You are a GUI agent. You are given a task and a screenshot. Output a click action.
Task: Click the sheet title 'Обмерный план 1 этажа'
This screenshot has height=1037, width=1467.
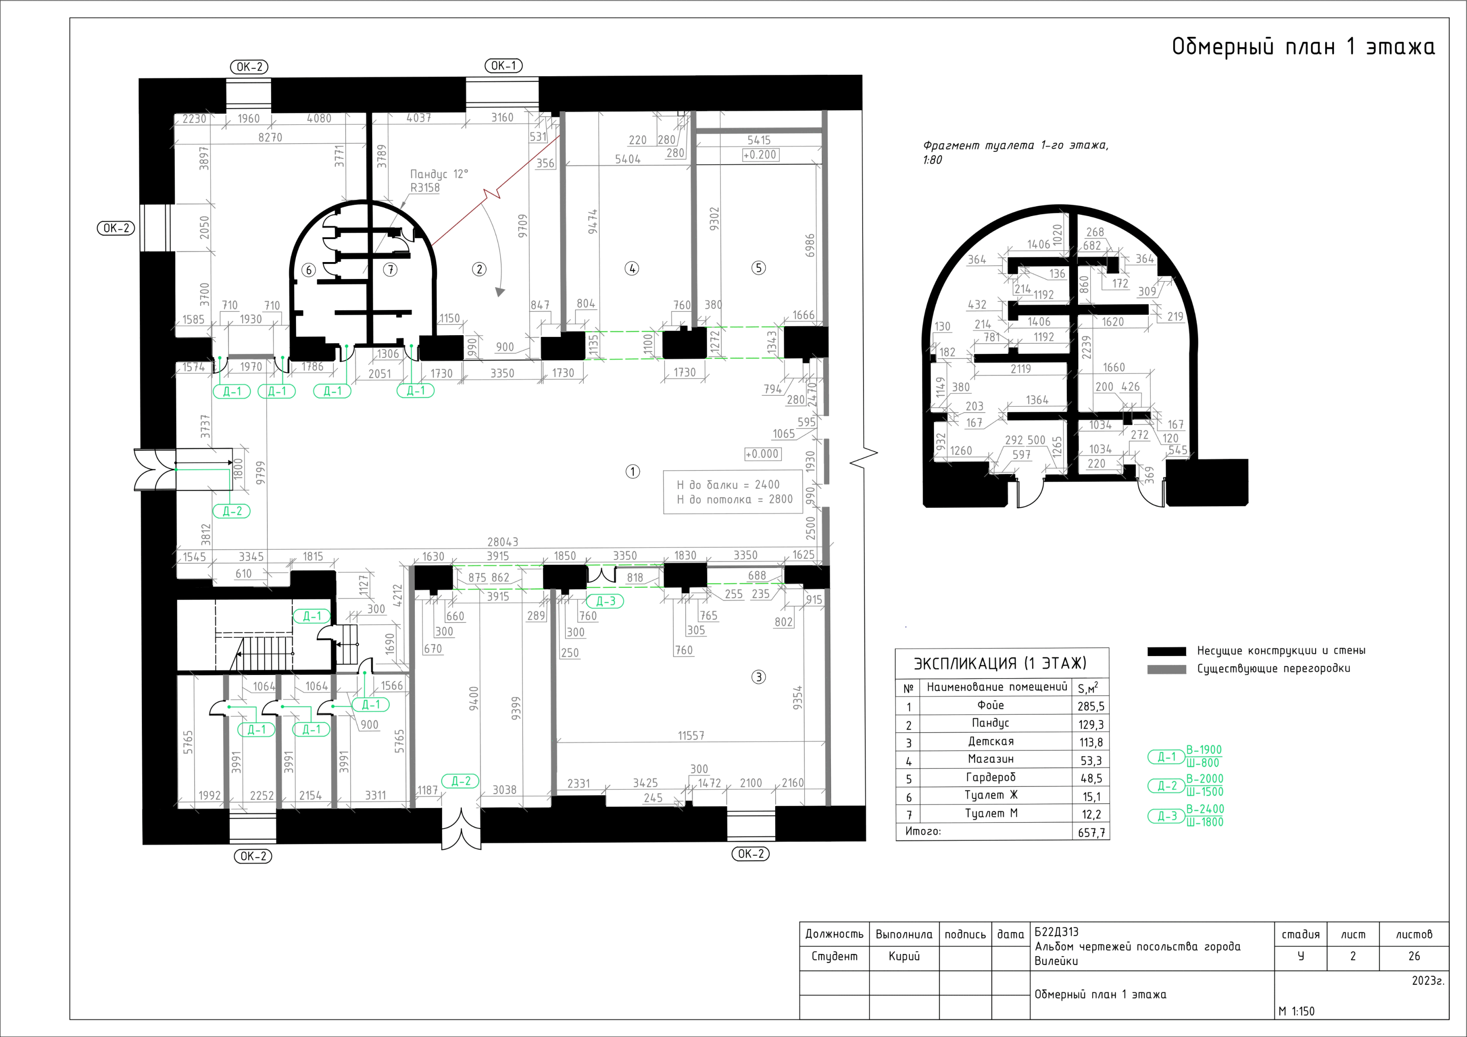1303,47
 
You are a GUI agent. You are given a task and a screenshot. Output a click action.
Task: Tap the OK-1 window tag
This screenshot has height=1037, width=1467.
504,66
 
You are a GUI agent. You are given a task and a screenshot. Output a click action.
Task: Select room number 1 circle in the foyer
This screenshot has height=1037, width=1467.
632,471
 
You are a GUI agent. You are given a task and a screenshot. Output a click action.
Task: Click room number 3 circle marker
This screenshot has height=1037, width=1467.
758,677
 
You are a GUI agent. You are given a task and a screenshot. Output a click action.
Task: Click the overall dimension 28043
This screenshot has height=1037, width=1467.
503,541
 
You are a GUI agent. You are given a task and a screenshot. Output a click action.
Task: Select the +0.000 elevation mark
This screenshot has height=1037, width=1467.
762,454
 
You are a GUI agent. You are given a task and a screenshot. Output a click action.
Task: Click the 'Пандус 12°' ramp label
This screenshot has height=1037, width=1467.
439,174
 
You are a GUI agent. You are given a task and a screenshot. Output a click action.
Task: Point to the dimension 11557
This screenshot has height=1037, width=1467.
691,736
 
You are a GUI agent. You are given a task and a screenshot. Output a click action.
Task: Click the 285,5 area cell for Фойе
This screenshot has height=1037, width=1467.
1091,706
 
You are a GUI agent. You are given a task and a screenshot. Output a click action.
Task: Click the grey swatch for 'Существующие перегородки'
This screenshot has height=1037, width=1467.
1167,669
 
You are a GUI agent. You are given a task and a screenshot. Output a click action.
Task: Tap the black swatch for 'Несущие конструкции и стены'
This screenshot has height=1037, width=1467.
1167,651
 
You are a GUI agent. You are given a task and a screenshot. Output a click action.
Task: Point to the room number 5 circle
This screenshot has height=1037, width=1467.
758,268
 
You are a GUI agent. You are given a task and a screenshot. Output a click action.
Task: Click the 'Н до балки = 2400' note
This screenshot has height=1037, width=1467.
729,485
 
